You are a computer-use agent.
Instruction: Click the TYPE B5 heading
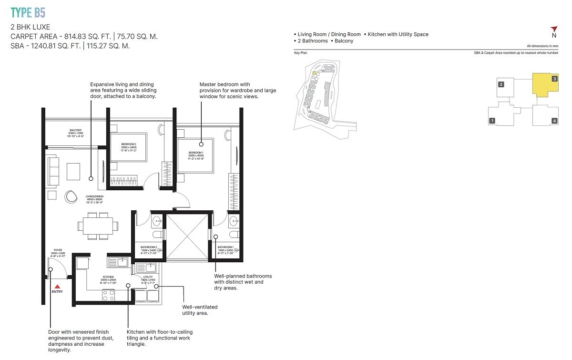28,12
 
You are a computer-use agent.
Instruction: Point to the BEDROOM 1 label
196,153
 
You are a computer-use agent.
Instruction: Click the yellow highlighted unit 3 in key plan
544,85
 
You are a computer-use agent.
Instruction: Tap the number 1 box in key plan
492,121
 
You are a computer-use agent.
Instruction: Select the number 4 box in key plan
554,121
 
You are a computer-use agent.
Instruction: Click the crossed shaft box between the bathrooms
186,236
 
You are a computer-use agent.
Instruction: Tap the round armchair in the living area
71,196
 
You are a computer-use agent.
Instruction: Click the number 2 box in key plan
501,85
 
